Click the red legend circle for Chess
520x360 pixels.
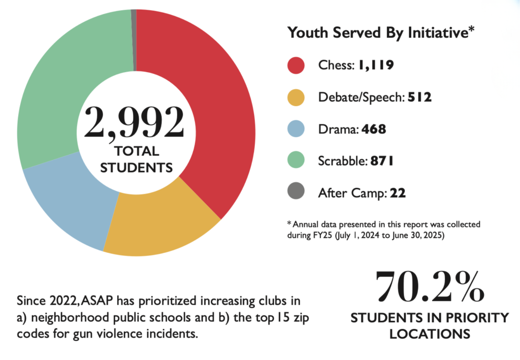[x=296, y=65]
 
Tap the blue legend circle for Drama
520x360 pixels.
[x=296, y=129]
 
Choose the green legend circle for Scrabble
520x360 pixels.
[x=296, y=161]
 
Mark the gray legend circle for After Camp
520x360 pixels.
[x=296, y=193]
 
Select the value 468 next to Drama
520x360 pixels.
[x=374, y=129]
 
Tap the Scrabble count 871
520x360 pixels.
[x=382, y=161]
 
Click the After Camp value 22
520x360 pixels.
[x=398, y=193]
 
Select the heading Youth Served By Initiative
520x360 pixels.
[x=381, y=33]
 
